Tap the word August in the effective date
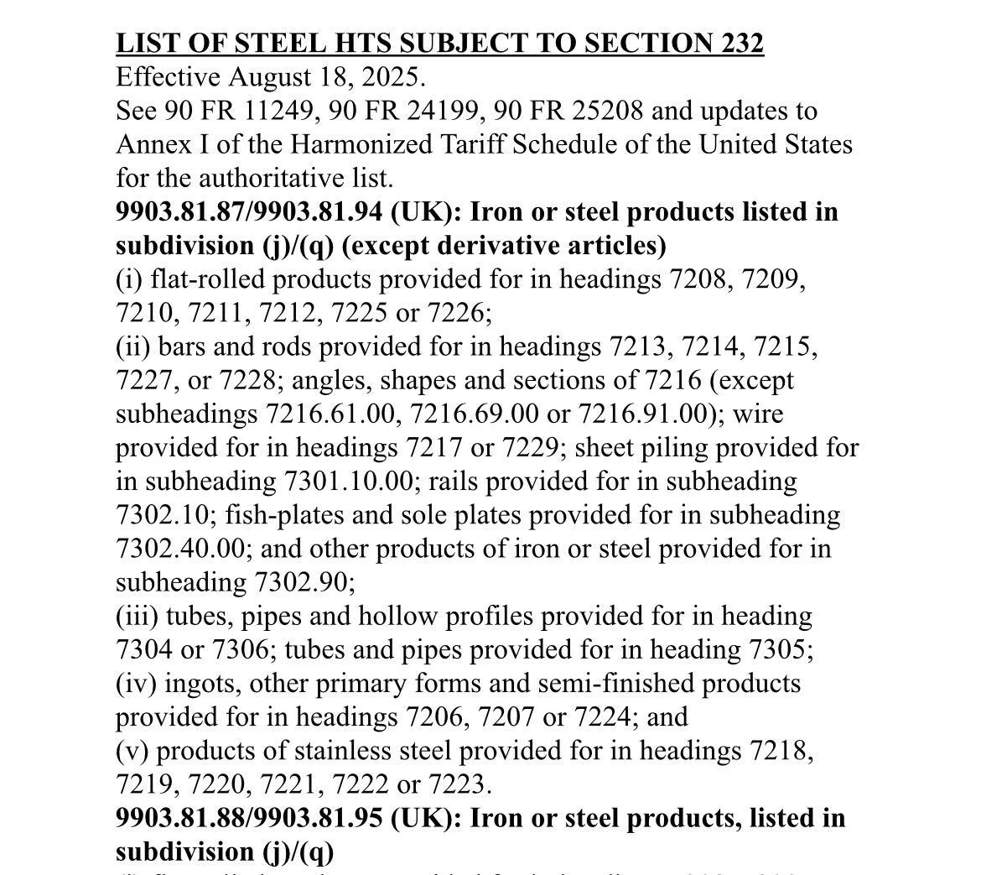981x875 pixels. tap(267, 77)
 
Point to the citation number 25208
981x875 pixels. tap(605, 111)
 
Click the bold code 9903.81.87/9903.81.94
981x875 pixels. tap(249, 211)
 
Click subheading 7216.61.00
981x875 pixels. tap(335, 414)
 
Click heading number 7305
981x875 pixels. tap(773, 649)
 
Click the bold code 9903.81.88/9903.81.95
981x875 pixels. tap(249, 817)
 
